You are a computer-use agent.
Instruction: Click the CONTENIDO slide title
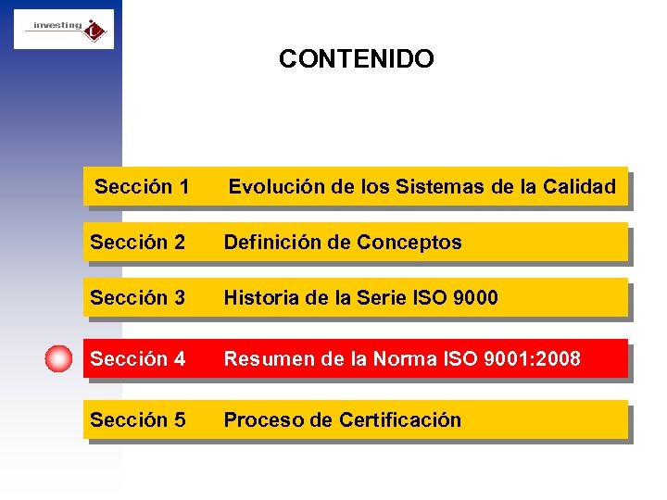point(356,59)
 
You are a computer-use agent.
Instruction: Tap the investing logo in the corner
point(64,29)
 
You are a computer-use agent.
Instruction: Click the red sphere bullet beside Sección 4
point(58,359)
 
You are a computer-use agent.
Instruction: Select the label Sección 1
point(142,187)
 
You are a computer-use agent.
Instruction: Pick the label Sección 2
point(137,243)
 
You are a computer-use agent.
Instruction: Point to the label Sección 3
point(137,298)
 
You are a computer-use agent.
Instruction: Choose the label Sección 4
point(137,359)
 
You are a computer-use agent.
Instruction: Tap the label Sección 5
point(137,420)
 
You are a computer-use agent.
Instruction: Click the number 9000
point(474,298)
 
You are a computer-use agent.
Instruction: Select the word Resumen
point(264,359)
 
